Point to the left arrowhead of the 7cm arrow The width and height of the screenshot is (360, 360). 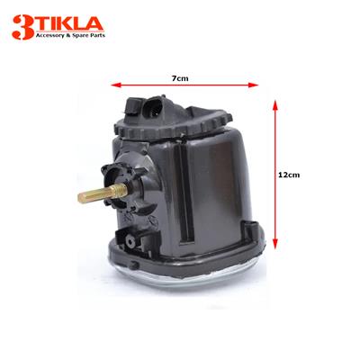point(112,87)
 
